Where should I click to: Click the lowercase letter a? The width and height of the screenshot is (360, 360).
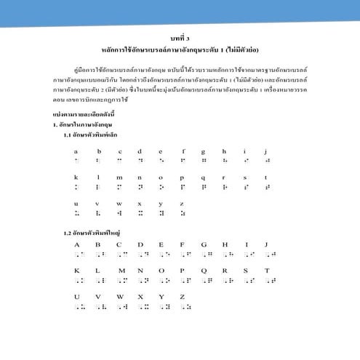76,151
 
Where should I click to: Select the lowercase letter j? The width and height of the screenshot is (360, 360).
267,151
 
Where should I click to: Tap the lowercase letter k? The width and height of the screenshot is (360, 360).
76,177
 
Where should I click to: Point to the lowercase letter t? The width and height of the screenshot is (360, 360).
267,177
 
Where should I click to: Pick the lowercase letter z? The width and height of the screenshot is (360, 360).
182,204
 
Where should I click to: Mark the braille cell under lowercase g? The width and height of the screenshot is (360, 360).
204,161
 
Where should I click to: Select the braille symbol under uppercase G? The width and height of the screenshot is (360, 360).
206,254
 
